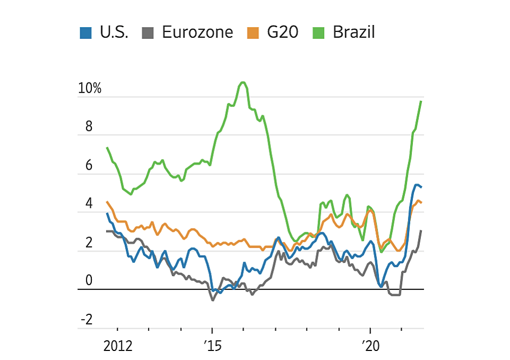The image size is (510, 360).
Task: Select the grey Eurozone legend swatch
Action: point(148,32)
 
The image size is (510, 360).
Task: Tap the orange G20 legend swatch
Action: point(253,32)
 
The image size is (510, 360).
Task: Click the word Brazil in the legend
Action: point(354,32)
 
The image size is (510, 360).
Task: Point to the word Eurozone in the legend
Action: point(197,32)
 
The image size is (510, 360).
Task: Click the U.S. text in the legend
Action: point(114,32)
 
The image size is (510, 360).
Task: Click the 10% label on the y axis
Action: point(89,89)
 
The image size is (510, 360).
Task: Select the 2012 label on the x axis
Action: point(117,346)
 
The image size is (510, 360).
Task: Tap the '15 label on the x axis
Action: point(212,346)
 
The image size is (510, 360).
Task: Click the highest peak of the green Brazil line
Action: point(243,82)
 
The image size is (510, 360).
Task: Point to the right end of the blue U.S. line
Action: point(421,187)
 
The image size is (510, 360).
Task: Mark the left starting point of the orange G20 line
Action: point(107,202)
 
